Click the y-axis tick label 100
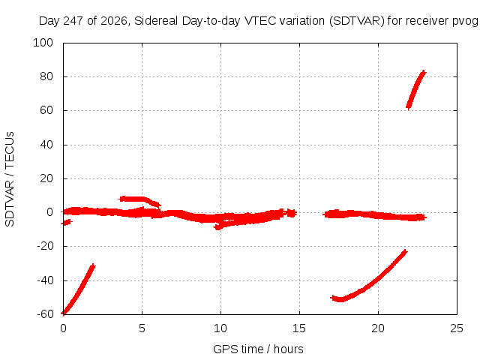[x=43, y=43]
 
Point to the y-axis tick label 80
[x=46, y=76]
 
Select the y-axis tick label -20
[x=45, y=246]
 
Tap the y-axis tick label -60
[x=45, y=314]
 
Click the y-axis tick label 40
[x=46, y=145]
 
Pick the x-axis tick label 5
[x=142, y=328]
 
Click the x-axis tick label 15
[x=299, y=328]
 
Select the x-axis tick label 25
[x=457, y=328]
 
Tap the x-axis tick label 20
[x=378, y=328]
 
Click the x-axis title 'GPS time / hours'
[x=258, y=349]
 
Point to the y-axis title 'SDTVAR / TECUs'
[x=10, y=179]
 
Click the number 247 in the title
[x=73, y=21]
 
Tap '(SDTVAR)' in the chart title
[x=357, y=21]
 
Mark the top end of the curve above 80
[x=424, y=72]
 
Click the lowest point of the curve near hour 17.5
[x=340, y=299]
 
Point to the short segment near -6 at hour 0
[x=67, y=222]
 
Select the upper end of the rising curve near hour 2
[x=93, y=265]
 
